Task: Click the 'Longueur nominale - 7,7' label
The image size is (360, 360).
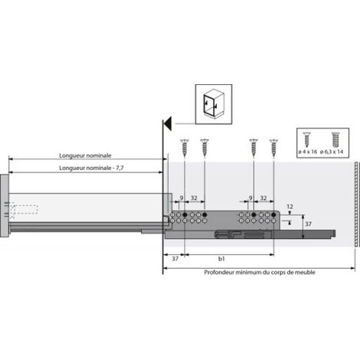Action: [91, 168]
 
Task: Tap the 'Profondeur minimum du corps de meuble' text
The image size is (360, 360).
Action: [260, 273]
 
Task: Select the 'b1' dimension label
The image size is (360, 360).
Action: [221, 259]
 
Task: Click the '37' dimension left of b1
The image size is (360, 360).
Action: [175, 259]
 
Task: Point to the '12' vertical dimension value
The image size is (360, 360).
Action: [290, 207]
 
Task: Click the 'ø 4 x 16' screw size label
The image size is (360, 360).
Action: [308, 152]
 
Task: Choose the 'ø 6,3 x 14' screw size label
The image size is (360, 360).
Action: [332, 152]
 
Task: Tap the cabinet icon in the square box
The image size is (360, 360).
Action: [214, 104]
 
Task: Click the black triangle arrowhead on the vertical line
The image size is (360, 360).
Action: [168, 123]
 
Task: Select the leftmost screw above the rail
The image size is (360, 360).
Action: [185, 148]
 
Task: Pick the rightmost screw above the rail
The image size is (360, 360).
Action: [273, 148]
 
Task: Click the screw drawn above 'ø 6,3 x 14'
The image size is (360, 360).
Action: [335, 139]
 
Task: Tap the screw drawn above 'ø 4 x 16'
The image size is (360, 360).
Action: [306, 139]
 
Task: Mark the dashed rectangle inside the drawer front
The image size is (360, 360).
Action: [24, 209]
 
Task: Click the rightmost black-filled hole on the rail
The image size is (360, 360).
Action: [273, 214]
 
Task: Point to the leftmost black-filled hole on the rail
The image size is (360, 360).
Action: [185, 214]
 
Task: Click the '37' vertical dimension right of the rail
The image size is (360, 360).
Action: [308, 224]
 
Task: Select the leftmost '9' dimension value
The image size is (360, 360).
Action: [182, 198]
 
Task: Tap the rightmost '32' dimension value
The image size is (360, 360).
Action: [263, 198]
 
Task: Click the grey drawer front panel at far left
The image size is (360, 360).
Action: [5, 206]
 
